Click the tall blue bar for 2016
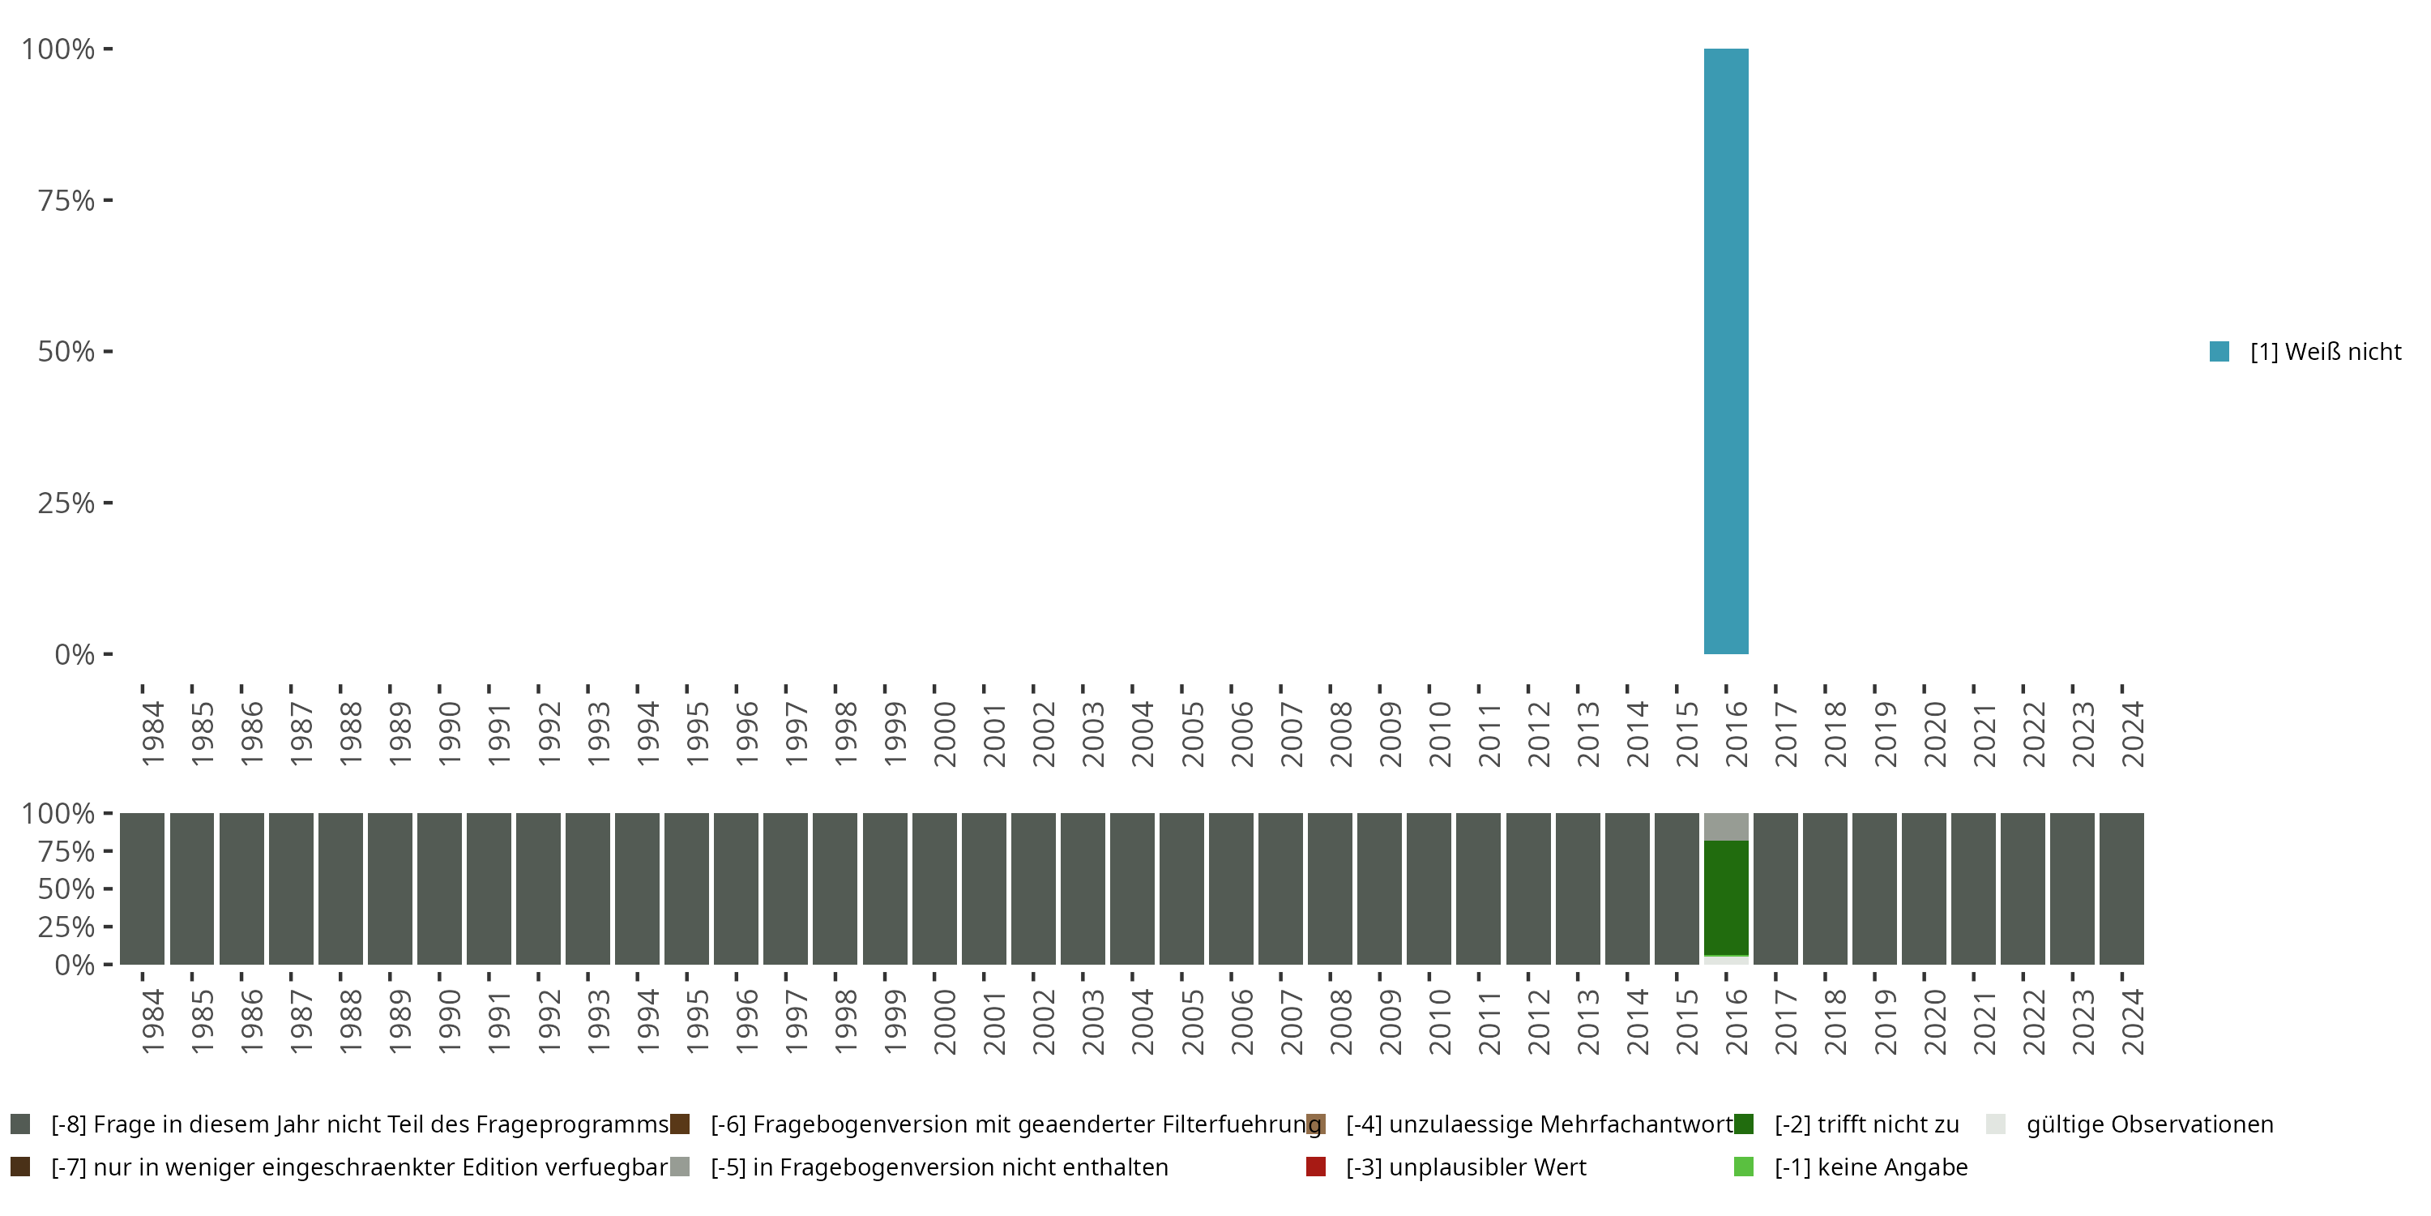click(1725, 351)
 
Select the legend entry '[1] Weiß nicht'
click(2324, 352)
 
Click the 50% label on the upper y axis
click(66, 352)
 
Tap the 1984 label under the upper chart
click(153, 734)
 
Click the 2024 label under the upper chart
click(2133, 734)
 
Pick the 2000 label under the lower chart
click(945, 1021)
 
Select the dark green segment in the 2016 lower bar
click(1725, 897)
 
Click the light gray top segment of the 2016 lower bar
click(1725, 826)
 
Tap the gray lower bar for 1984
click(143, 888)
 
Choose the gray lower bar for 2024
click(2121, 888)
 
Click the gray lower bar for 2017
click(1775, 888)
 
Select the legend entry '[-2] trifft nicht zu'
click(1865, 1124)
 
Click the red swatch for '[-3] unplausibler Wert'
click(1315, 1167)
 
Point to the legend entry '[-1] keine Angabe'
click(1869, 1167)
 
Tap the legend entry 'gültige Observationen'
click(2149, 1124)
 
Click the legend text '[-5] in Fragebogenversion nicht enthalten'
click(939, 1167)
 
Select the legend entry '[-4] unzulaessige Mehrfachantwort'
click(1538, 1124)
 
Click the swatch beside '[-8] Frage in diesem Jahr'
click(19, 1124)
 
